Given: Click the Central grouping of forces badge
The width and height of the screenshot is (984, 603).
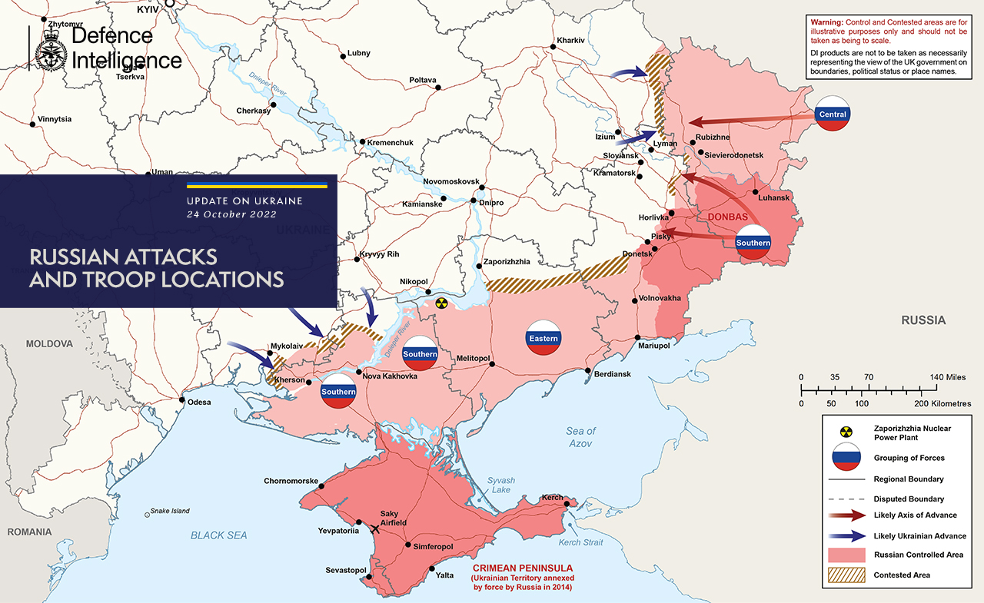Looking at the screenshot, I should (833, 114).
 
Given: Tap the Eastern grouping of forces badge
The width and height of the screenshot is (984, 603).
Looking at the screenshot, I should (544, 337).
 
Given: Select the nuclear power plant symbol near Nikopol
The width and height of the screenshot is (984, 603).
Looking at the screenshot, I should (440, 303).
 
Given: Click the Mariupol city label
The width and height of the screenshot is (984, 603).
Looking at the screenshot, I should (654, 346).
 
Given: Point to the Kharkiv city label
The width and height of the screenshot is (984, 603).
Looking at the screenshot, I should (570, 40).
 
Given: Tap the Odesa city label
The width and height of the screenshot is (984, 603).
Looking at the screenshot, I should (198, 402).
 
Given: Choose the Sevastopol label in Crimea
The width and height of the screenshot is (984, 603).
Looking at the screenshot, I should (345, 571).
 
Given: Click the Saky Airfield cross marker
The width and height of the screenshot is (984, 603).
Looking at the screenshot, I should (375, 528).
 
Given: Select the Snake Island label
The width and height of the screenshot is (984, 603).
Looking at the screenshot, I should (170, 511).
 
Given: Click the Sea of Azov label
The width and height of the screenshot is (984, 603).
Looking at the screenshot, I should (580, 437).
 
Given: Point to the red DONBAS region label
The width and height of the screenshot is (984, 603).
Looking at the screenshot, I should (728, 217).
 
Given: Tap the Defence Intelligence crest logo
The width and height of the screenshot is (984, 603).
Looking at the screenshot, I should (51, 48).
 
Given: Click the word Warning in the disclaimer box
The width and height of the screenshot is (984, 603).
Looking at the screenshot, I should (827, 22).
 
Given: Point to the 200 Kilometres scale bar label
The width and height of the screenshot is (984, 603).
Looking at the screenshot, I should (943, 403).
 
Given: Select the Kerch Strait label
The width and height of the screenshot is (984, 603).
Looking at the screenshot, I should (580, 542).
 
